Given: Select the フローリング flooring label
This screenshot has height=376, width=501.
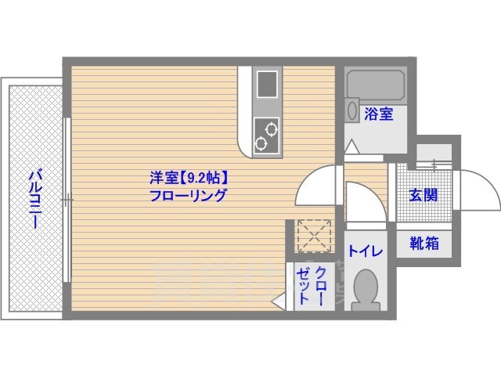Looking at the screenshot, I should point(188,196).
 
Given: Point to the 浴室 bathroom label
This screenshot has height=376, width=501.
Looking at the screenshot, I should point(379,114).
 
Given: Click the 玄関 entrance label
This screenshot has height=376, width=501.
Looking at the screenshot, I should point(424,195).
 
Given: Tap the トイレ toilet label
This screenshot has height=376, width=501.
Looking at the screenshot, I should point(366,251).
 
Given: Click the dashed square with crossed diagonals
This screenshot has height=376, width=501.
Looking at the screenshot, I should point(315,237).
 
